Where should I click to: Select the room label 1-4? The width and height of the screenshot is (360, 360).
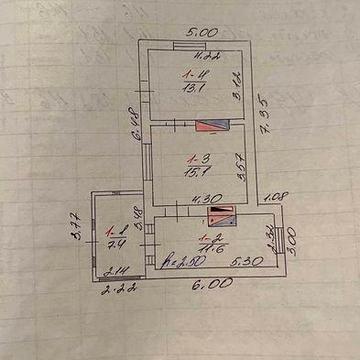point(189,73)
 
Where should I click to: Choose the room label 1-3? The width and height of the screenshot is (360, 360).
point(197,156)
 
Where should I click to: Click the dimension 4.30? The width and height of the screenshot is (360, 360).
point(204,198)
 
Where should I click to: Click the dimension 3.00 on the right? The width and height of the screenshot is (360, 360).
point(287,240)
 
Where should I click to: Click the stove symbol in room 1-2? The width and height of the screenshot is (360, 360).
point(222,216)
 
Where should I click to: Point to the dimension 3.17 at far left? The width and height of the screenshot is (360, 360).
point(73,222)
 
